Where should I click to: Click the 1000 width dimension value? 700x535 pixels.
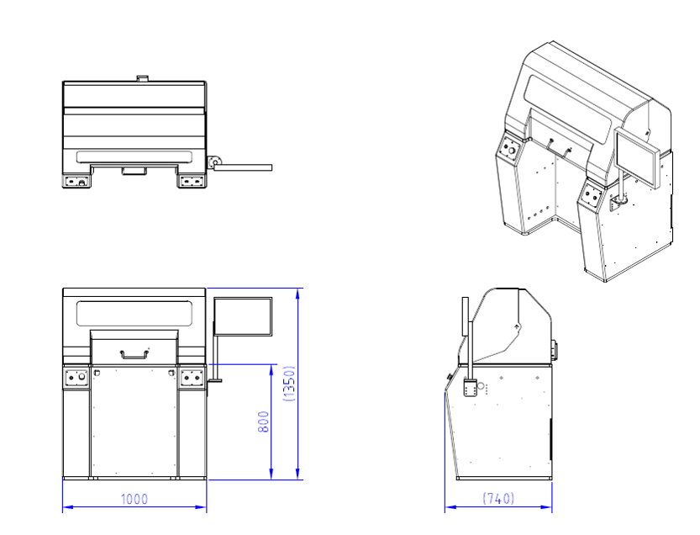click(x=134, y=499)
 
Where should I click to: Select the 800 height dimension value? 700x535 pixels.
click(x=262, y=421)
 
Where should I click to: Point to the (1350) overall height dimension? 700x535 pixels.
click(x=289, y=384)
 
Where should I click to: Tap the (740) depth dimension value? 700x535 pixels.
click(x=498, y=498)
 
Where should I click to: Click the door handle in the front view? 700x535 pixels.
click(x=134, y=353)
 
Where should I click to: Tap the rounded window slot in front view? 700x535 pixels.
click(x=134, y=313)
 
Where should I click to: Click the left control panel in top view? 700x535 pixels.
click(x=77, y=180)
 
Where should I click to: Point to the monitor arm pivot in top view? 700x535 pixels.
click(x=214, y=160)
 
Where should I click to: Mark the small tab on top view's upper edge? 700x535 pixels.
click(x=141, y=78)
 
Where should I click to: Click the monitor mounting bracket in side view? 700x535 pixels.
click(x=470, y=389)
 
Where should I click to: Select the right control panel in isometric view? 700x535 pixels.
click(x=592, y=197)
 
